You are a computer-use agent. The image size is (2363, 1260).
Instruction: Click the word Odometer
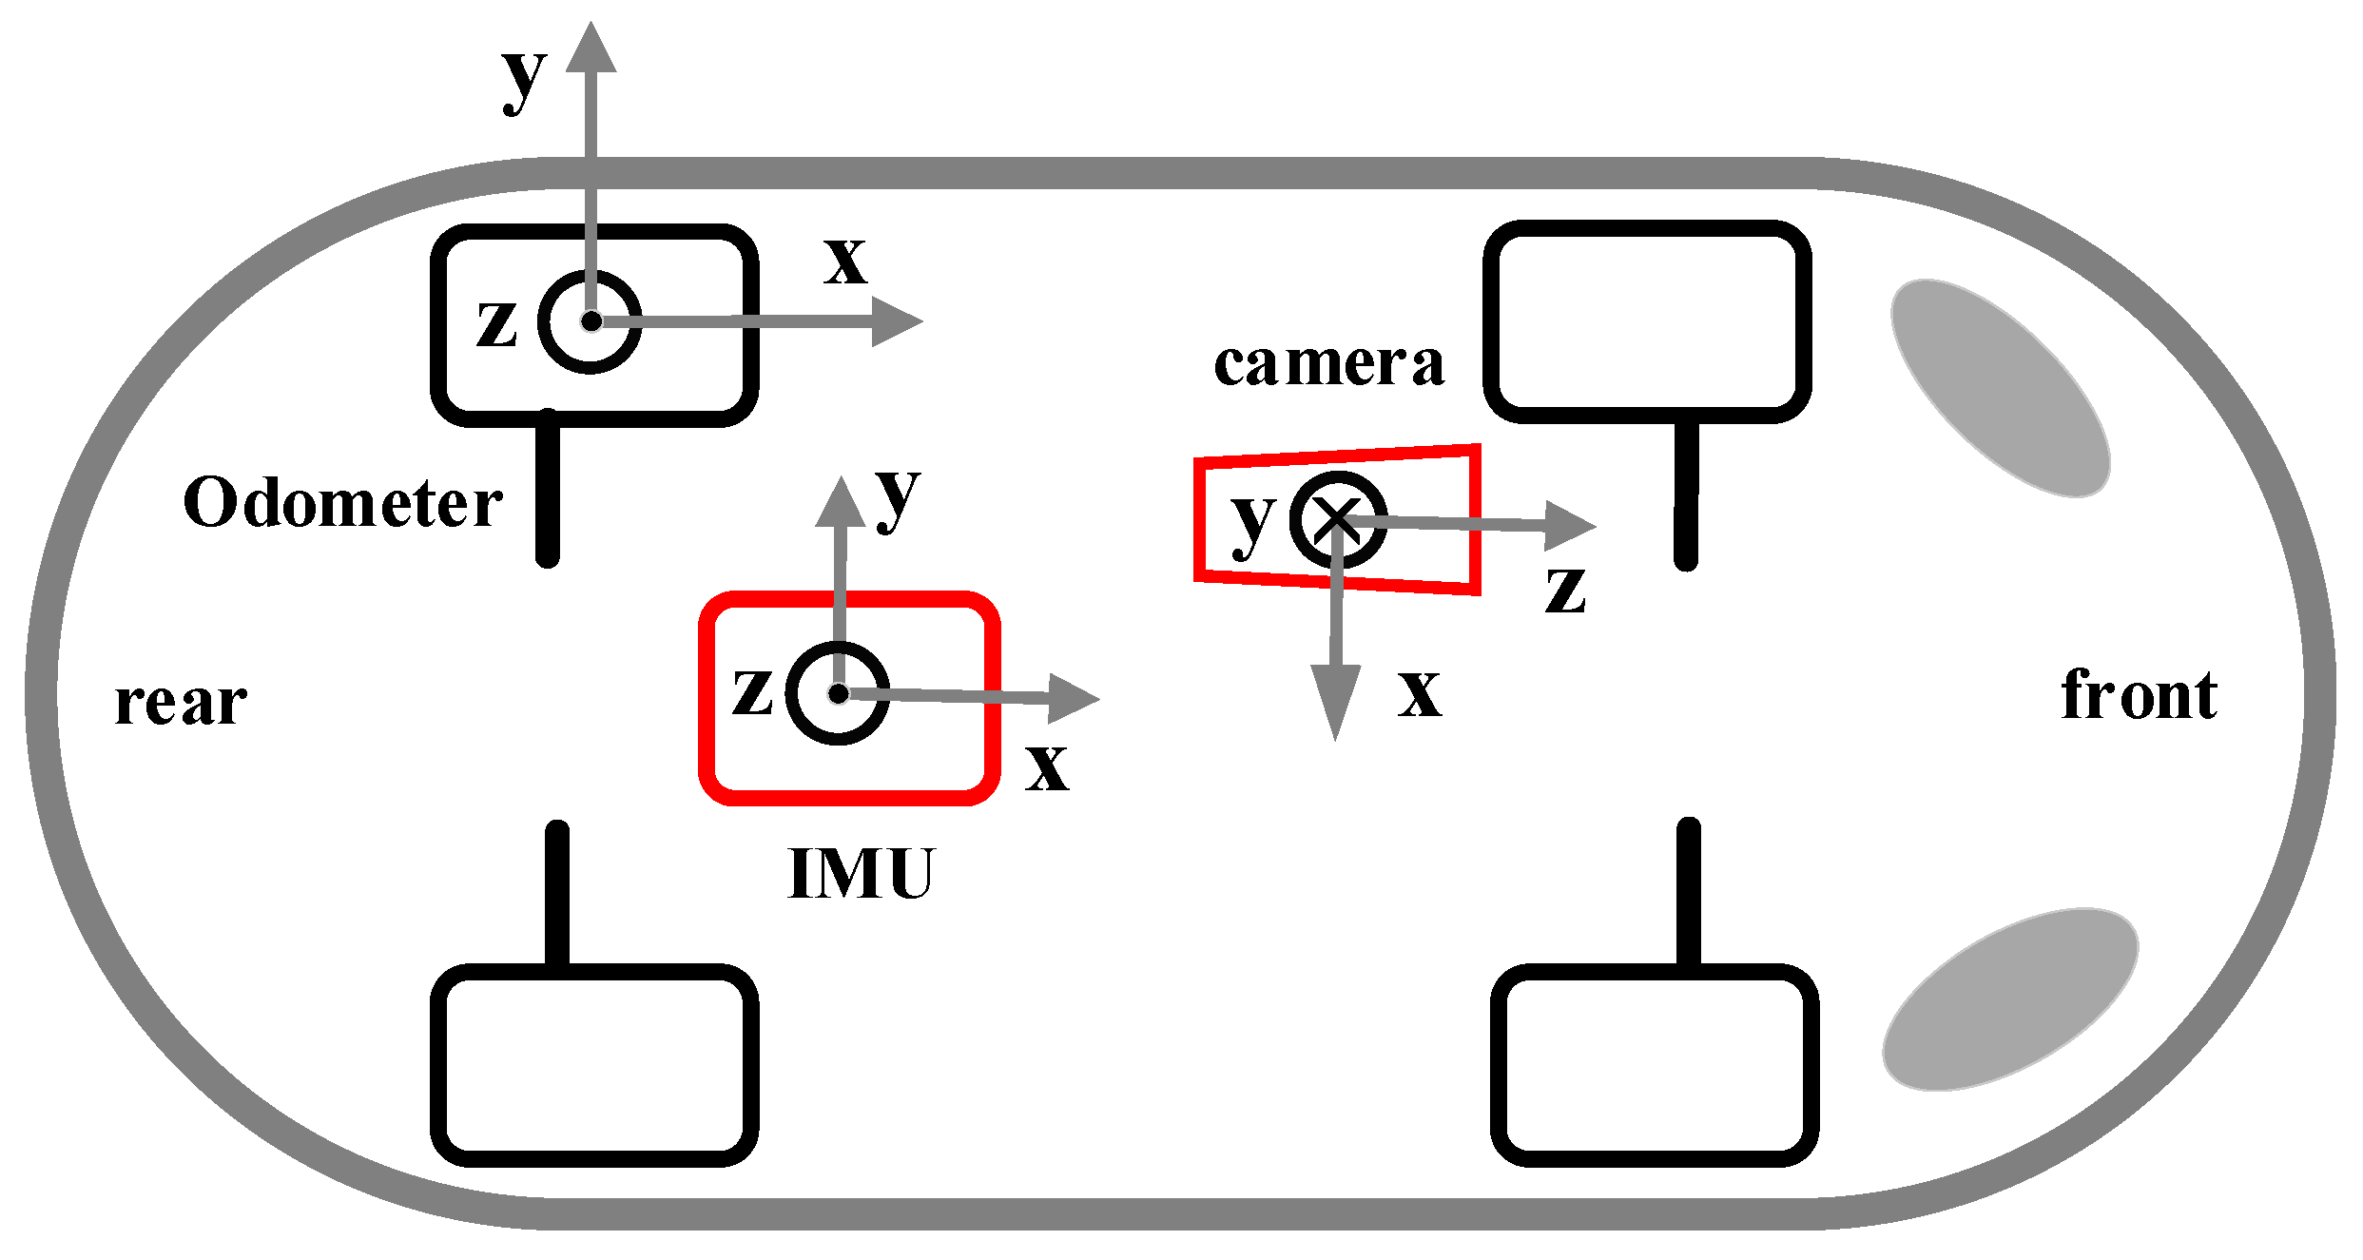click(342, 503)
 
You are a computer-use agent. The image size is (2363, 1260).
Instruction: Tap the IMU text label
click(862, 873)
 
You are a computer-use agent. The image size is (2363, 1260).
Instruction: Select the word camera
click(1328, 363)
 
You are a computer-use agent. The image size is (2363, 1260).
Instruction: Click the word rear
click(181, 704)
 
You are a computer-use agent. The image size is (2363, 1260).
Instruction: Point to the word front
click(2139, 695)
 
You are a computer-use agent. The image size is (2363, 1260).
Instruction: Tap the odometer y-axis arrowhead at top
click(591, 48)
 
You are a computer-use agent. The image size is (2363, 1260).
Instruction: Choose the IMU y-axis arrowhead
click(841, 502)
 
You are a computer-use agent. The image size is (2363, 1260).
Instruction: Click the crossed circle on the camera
click(1338, 519)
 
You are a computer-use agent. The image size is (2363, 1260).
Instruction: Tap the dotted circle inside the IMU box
click(838, 693)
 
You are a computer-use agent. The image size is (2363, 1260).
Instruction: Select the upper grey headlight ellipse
click(2001, 388)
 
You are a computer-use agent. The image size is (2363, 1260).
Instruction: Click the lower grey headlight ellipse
click(2010, 998)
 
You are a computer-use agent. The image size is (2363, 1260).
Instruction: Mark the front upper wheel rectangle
click(1647, 321)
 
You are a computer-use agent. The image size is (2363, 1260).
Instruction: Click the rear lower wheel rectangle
click(594, 1065)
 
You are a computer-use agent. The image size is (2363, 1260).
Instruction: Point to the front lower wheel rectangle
click(1655, 1065)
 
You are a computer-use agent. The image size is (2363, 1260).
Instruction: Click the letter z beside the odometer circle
click(496, 322)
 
